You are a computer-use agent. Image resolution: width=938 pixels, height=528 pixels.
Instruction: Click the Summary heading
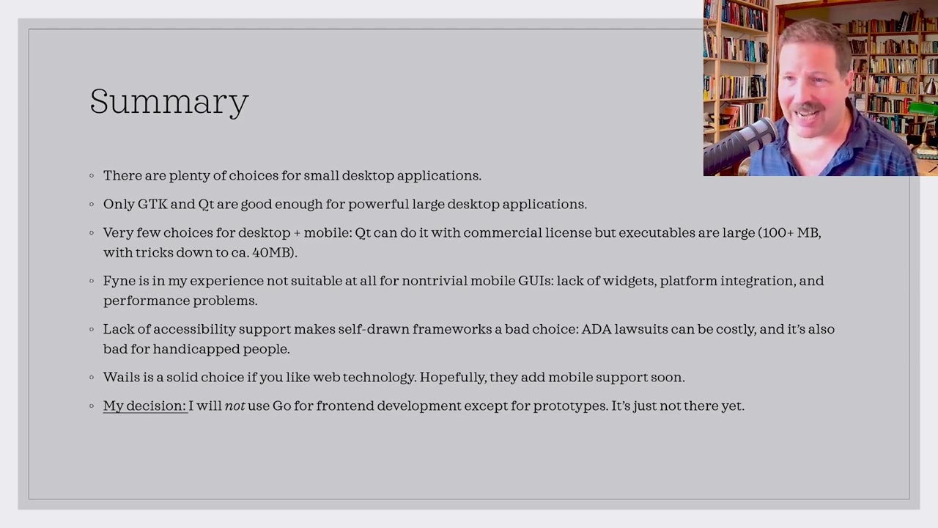pos(169,102)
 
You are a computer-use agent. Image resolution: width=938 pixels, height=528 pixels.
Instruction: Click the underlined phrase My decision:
pos(145,406)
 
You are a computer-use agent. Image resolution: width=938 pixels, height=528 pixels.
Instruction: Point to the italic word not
pos(235,406)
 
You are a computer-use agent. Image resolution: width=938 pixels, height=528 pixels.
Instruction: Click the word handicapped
pos(196,350)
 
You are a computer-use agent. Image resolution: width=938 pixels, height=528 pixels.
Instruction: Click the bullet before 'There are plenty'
pos(92,175)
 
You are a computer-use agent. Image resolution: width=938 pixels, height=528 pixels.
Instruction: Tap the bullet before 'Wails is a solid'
pos(92,378)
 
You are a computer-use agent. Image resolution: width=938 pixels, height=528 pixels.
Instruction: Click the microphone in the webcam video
pos(740,144)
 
